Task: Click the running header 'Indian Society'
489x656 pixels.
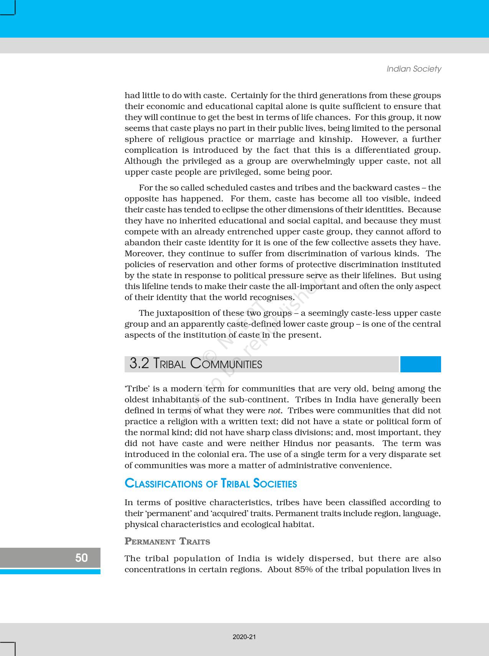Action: point(413,69)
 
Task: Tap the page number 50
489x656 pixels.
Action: point(81,557)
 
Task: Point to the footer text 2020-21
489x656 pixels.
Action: point(244,637)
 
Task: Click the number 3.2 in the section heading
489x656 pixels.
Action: point(139,364)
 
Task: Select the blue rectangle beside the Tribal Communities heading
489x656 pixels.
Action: point(420,364)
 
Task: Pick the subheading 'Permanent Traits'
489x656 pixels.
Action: point(167,542)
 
